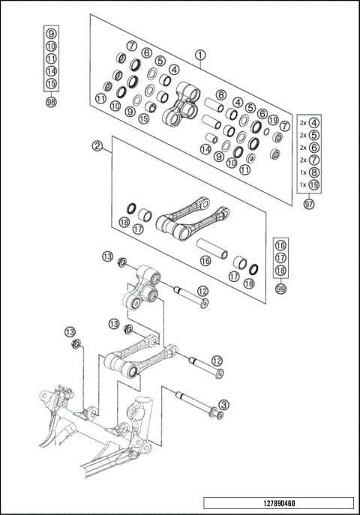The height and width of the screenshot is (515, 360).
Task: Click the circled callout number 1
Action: coord(200,54)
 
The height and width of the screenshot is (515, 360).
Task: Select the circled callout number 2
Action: coord(97,146)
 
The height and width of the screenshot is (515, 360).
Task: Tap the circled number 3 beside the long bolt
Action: coord(224,405)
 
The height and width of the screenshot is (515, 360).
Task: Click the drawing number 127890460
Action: coord(277,503)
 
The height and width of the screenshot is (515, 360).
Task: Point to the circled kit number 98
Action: coord(51,102)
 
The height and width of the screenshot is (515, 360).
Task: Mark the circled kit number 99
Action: coord(280,289)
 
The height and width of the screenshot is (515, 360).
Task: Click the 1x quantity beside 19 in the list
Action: coord(303,184)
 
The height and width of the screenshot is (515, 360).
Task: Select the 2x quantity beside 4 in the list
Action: coord(303,122)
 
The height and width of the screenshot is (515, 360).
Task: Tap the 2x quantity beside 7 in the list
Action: coord(303,160)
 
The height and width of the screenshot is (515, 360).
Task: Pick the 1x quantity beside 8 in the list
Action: coord(303,172)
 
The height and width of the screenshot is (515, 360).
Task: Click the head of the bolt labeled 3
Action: coord(214,412)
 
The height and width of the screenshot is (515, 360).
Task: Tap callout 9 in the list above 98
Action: coord(51,34)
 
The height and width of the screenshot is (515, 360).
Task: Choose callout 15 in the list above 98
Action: coord(51,83)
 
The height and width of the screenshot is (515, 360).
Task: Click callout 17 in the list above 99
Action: coord(280,258)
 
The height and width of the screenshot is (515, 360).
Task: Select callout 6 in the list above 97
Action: coord(314,148)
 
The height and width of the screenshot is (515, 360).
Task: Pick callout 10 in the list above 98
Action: coord(51,46)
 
